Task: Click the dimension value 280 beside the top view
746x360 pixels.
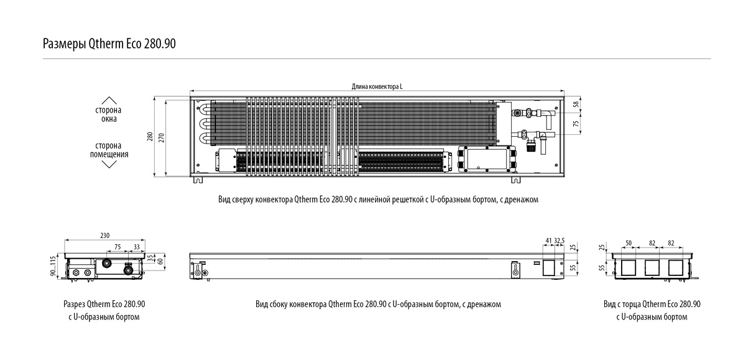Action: pos(149,137)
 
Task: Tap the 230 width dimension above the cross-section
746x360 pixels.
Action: pos(104,235)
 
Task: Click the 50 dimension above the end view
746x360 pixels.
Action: pos(629,241)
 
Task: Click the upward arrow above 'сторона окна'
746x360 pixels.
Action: pos(109,99)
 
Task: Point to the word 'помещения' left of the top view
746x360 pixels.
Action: pos(109,154)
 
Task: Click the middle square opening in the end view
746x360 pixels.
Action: pos(652,268)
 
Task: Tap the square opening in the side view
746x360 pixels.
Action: pos(549,268)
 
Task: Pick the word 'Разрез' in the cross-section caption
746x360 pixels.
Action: pos(74,304)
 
